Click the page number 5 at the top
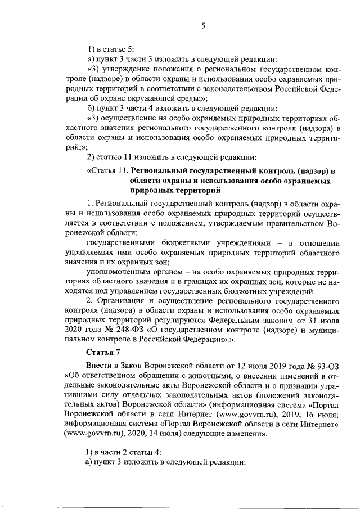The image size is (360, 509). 204,25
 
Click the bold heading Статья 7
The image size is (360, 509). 103,353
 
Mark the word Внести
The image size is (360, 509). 97,364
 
